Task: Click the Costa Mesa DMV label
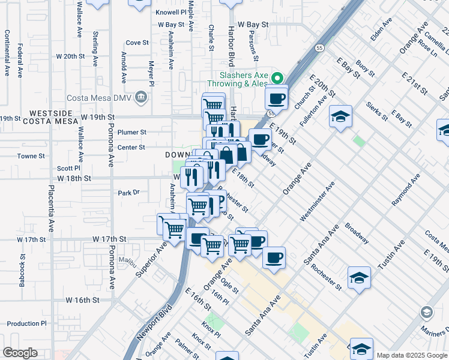(103, 97)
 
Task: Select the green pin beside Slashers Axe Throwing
(277, 78)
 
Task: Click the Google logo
(20, 353)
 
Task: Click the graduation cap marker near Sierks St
(340, 117)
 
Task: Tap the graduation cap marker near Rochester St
(359, 278)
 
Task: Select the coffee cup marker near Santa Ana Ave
(274, 258)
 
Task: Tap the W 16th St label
(82, 299)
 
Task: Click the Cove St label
(137, 43)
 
